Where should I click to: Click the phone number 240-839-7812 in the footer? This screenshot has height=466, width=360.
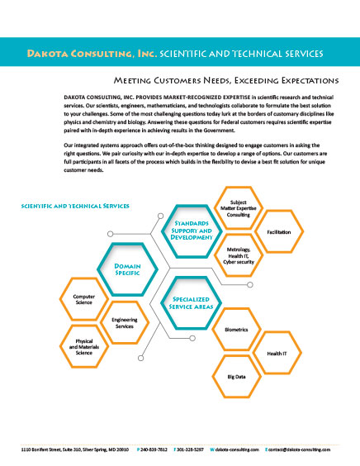[154, 449]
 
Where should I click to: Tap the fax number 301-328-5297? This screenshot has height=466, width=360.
[190, 449]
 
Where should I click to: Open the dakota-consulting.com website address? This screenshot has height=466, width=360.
[237, 449]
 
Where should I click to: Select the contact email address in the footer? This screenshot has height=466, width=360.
[299, 449]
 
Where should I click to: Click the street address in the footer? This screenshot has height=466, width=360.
[75, 449]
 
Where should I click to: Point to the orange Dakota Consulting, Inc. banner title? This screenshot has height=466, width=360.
[92, 54]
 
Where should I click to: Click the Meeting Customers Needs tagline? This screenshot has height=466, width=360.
[226, 80]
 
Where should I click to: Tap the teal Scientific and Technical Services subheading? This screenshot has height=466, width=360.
[75, 206]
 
